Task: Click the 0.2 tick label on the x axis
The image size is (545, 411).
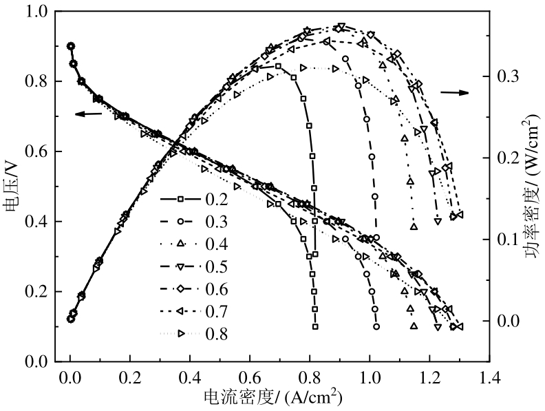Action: point(129,377)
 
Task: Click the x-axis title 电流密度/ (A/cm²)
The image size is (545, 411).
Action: point(272,397)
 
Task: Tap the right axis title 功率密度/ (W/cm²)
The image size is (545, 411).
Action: point(531,187)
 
